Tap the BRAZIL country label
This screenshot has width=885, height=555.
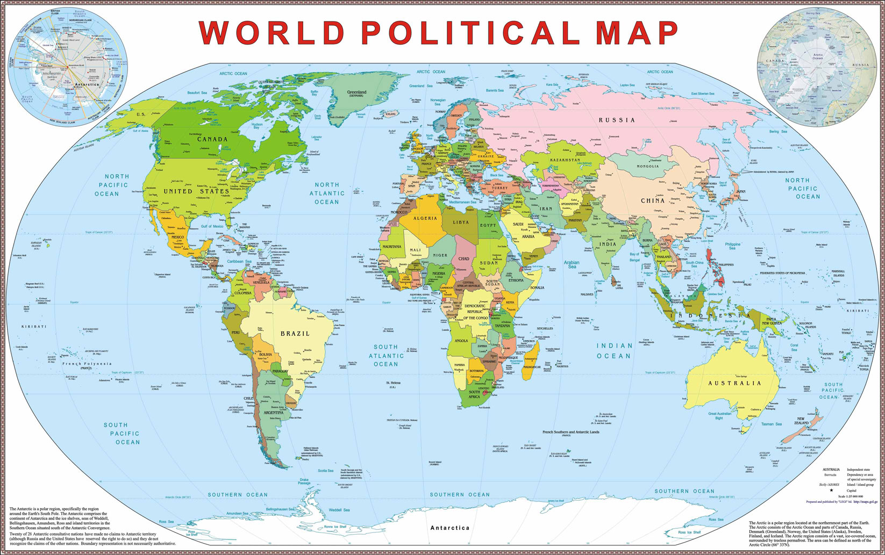[x=295, y=334]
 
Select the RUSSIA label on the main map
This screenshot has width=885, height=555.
[x=617, y=120]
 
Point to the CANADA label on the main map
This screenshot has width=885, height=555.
[x=212, y=139]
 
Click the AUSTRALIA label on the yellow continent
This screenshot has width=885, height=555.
[x=734, y=383]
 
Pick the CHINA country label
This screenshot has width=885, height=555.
[x=653, y=200]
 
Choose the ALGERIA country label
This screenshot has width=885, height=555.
[x=425, y=218]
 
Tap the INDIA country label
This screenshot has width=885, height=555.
[x=608, y=244]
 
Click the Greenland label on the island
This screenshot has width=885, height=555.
[x=356, y=92]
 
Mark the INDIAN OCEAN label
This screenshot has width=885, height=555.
[x=613, y=351]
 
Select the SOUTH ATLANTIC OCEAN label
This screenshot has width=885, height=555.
[x=386, y=355]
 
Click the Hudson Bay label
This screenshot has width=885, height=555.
[x=257, y=126]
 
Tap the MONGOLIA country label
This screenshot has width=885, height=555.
[x=648, y=166]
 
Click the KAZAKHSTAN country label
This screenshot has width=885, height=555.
[x=565, y=160]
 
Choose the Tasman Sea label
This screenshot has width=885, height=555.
[x=771, y=424]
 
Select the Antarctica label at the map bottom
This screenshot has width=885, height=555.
[x=449, y=528]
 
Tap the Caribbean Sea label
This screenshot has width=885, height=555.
[x=240, y=262]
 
